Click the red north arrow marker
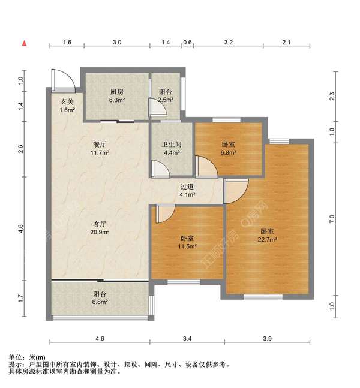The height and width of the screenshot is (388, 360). [x=24, y=43]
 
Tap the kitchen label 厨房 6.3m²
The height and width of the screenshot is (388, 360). [x=116, y=95]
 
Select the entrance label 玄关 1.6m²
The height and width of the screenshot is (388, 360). [x=67, y=106]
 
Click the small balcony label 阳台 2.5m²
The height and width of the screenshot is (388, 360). [x=166, y=95]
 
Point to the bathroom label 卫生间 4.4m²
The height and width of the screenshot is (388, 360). [x=172, y=148]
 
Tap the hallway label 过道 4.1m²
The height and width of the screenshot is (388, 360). [x=187, y=190]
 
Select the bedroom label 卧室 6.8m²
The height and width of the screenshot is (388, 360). [x=228, y=148]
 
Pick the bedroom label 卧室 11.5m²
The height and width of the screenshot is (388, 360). [x=187, y=241]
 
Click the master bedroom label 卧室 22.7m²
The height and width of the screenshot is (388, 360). [x=268, y=236]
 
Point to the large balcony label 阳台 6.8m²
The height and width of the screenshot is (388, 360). [x=100, y=298]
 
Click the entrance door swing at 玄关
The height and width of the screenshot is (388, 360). [x=62, y=79]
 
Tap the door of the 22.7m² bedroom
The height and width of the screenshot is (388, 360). [x=235, y=191]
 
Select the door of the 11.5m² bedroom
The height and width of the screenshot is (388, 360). [x=164, y=213]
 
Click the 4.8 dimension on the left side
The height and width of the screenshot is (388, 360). [x=20, y=229]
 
